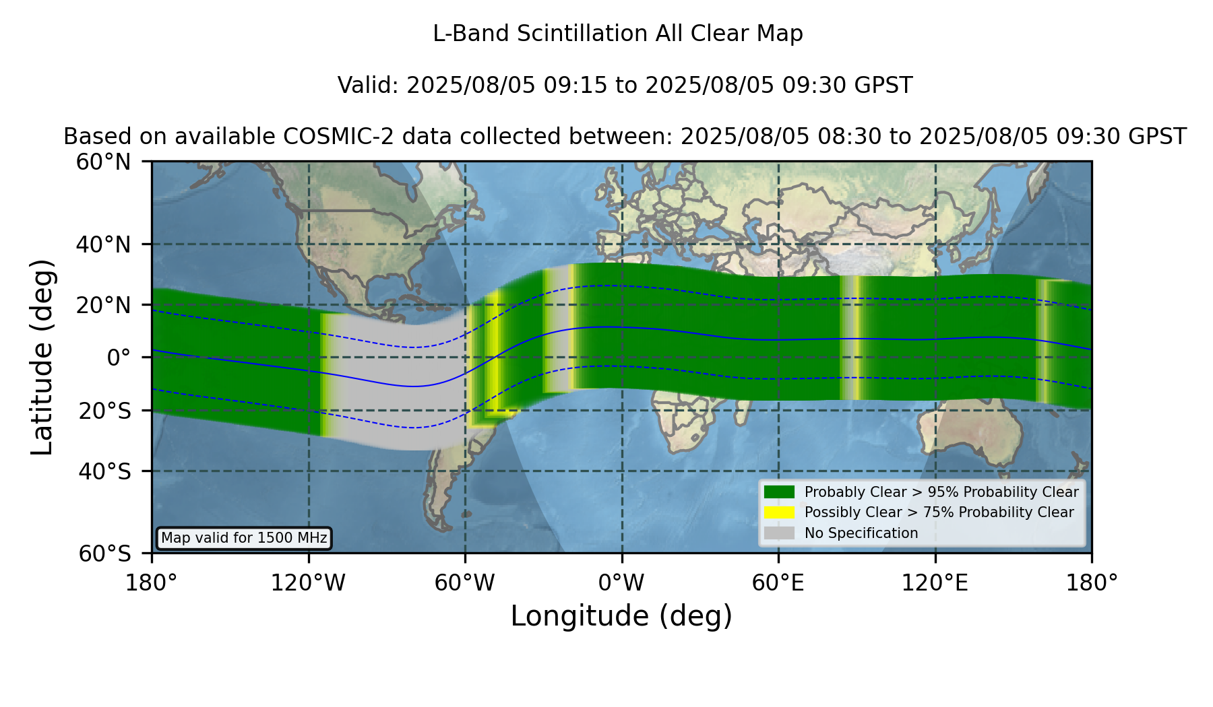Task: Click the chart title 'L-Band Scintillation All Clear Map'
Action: pos(618,34)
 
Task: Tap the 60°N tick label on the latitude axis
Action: pos(104,162)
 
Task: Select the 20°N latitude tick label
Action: pos(104,305)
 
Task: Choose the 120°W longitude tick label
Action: pos(308,583)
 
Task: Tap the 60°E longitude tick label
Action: pos(778,583)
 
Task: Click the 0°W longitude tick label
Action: pos(622,583)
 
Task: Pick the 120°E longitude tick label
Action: pos(935,583)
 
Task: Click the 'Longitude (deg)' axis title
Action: pos(621,616)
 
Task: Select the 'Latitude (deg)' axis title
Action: pos(42,357)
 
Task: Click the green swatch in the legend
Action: pos(779,492)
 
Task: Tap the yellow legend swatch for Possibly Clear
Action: pos(779,512)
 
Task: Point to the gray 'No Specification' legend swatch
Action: pos(779,533)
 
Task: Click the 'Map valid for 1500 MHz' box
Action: pos(244,538)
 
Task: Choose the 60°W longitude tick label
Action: pos(465,583)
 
